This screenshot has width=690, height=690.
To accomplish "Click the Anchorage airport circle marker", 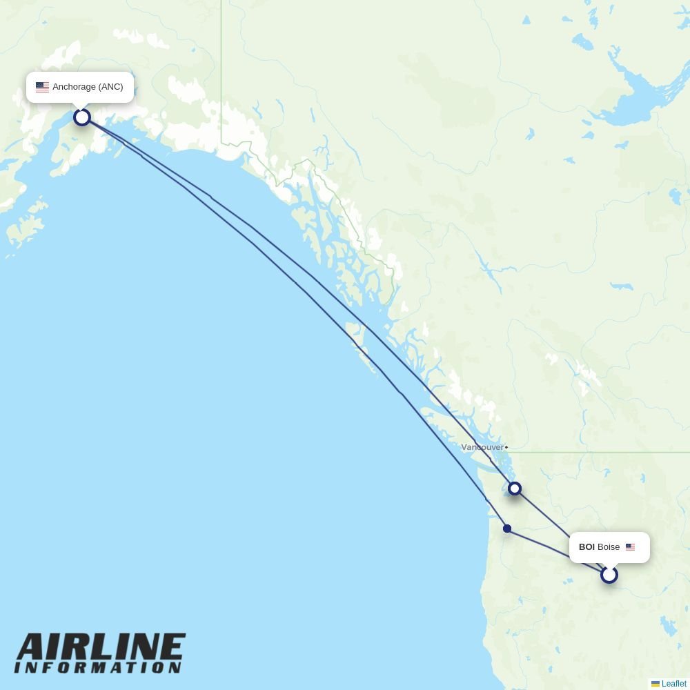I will [x=82, y=117].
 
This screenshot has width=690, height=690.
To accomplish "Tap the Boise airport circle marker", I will [x=609, y=575].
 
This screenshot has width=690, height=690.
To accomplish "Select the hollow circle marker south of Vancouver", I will [x=515, y=489].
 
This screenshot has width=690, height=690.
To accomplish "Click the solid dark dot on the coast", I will [x=507, y=529].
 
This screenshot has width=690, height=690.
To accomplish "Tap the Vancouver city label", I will [x=482, y=448].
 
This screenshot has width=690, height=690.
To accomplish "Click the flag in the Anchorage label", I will [x=42, y=87].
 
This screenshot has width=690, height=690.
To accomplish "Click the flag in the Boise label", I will [x=630, y=547].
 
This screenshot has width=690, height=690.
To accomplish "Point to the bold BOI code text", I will [x=586, y=547].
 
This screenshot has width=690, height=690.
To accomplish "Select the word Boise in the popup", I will [x=609, y=547].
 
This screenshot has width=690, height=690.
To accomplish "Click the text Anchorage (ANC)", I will [x=88, y=87].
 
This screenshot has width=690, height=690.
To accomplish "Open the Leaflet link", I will [x=673, y=684].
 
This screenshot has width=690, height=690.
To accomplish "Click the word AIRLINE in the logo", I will [x=101, y=648].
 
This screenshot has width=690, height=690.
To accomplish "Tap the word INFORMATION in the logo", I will [x=98, y=668].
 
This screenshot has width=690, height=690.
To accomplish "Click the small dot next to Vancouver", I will [x=506, y=448].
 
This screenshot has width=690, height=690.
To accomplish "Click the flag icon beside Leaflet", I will [x=655, y=684].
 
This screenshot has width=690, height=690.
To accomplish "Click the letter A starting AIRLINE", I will [x=32, y=648].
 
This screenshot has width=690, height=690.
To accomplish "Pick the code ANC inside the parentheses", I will [x=110, y=87].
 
